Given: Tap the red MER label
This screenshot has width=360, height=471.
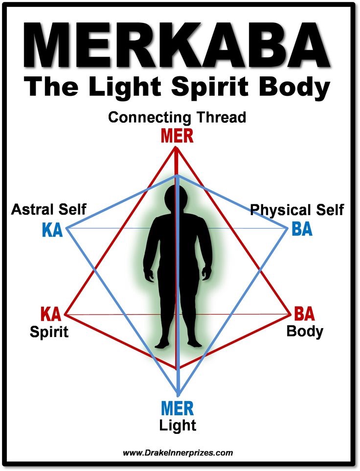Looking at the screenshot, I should [178, 135].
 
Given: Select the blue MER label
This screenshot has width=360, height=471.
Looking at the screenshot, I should [178, 408].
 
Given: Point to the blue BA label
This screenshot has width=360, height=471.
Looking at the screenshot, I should [301, 229].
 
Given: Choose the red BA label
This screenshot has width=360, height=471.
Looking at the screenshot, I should [304, 313].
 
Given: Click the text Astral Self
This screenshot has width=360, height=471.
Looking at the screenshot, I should [48, 210].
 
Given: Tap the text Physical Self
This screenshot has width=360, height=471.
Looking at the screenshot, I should [297, 210].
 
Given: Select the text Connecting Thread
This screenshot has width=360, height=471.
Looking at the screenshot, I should [177, 118].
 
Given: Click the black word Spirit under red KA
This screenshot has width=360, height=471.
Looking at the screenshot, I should [49, 332].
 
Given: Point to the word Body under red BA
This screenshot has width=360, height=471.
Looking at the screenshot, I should [305, 331].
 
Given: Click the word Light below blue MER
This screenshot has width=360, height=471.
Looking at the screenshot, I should [178, 425].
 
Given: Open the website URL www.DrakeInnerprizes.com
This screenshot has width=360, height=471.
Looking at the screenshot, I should [178, 453].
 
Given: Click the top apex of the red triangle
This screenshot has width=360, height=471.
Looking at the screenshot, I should [176, 149].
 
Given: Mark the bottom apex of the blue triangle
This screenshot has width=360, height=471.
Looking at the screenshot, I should [179, 395].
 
